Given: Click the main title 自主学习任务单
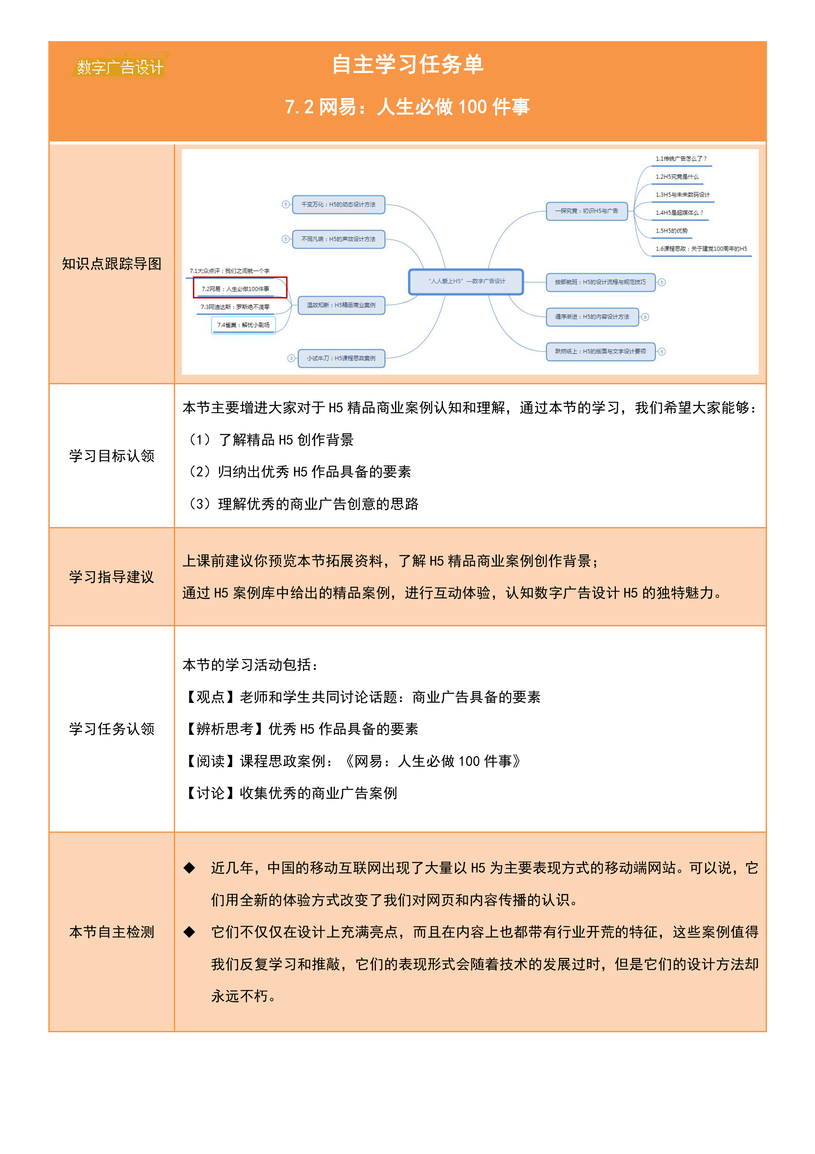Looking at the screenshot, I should click(407, 65).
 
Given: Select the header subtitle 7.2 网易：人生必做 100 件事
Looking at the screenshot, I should click(407, 107).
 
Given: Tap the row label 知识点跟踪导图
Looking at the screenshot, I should click(111, 264).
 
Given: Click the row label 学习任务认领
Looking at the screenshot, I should click(111, 729).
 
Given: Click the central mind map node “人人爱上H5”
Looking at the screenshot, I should click(466, 282).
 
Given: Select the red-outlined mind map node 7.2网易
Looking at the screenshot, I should click(240, 288).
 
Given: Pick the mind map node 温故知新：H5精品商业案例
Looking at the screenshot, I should click(341, 305).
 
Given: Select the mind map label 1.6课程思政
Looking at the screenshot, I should click(701, 249).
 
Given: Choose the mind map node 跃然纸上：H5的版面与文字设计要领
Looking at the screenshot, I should click(601, 351).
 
